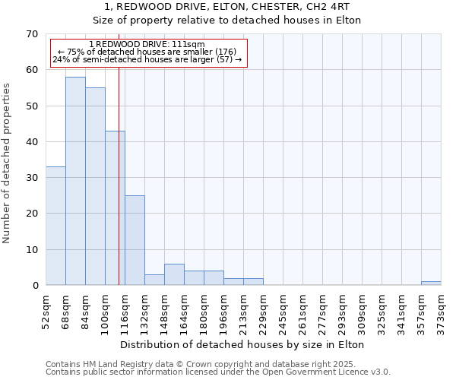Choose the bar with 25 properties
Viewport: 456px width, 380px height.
point(135,240)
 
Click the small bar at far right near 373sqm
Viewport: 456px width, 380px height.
point(431,283)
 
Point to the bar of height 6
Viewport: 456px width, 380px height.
point(174,274)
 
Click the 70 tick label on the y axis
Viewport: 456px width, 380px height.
point(31,34)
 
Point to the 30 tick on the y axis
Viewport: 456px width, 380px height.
point(31,178)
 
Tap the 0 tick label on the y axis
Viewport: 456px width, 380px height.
point(34,286)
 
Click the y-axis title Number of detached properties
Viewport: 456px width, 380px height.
point(7,163)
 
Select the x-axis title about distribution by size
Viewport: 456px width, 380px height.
point(242,344)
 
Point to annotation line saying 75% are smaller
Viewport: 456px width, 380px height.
point(148,52)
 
